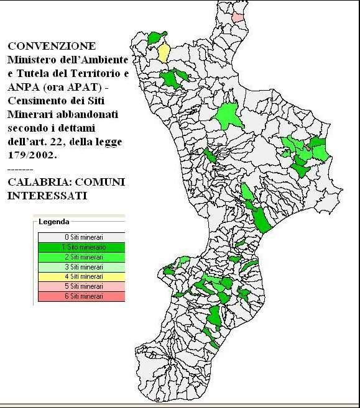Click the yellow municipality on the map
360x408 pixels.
tap(164, 53)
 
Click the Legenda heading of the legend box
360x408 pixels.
tap(53, 221)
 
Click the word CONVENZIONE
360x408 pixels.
tap(52, 47)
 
